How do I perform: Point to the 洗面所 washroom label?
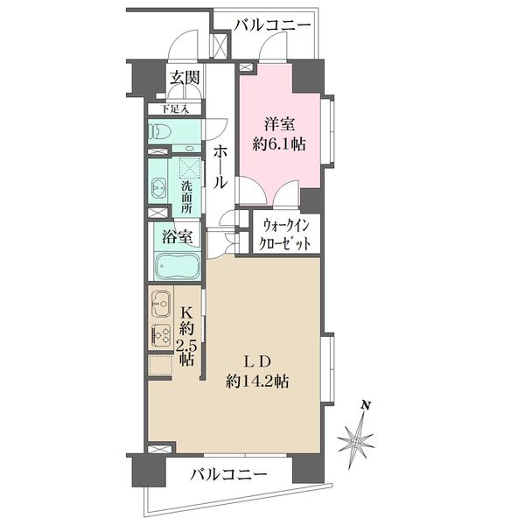[186, 199]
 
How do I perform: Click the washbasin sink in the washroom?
[159, 187]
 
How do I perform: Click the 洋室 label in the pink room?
[277, 123]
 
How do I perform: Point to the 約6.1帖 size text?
[277, 143]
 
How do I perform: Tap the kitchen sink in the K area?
[160, 304]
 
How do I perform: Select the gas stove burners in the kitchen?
[160, 334]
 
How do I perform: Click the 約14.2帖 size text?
[258, 381]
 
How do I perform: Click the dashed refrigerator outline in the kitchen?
[160, 366]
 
